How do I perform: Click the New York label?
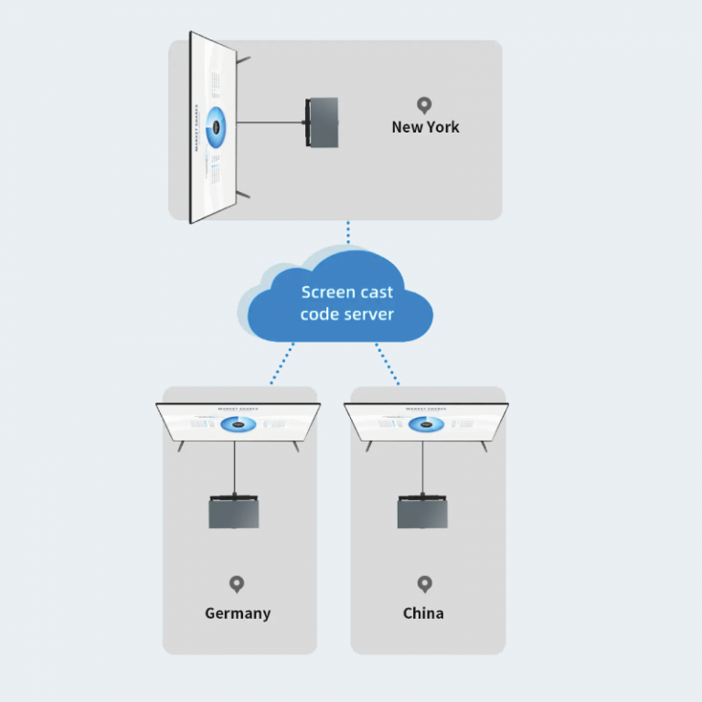click(425, 127)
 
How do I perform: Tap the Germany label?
click(238, 612)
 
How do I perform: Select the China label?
click(423, 612)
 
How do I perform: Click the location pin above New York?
click(423, 106)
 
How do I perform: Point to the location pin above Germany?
click(237, 583)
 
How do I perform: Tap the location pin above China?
click(424, 583)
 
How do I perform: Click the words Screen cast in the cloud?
click(347, 292)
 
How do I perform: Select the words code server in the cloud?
click(347, 314)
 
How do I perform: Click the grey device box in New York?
click(323, 122)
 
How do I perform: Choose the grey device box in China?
click(422, 513)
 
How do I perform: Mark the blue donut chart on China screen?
click(426, 424)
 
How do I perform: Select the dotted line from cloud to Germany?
click(282, 364)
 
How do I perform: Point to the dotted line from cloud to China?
click(388, 364)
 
